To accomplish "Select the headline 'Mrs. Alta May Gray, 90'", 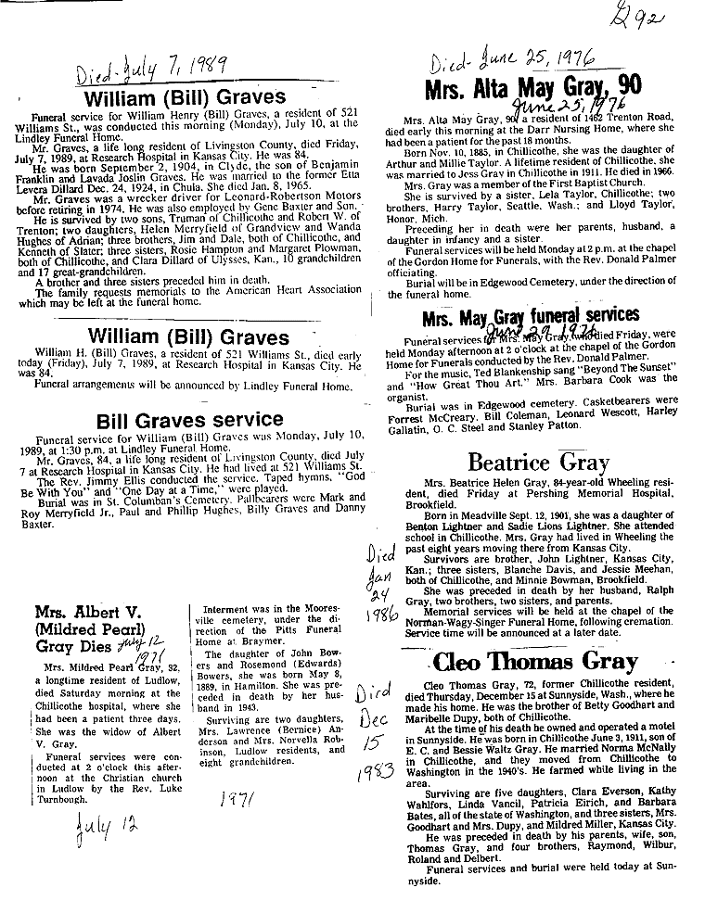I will coord(532,90).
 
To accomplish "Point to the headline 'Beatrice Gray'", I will coord(538,462).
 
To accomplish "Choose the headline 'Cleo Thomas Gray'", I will coord(534,662).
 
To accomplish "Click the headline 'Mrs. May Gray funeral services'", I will coord(531,317).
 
